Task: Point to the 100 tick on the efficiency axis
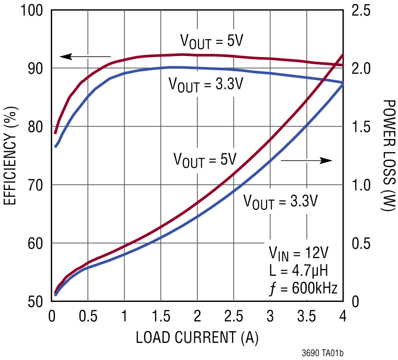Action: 32,10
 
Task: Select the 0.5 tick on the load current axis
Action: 87,316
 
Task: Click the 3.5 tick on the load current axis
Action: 306,316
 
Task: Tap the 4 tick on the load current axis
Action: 343,316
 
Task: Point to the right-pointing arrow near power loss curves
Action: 306,160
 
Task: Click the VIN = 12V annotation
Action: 298,254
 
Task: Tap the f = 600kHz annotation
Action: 302,288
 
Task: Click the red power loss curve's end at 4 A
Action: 343,55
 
